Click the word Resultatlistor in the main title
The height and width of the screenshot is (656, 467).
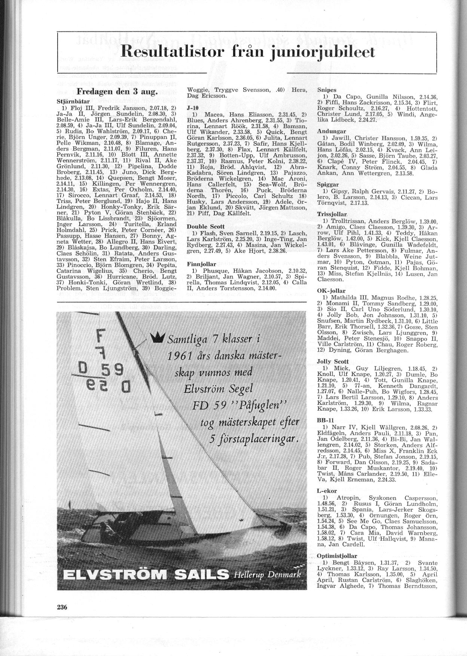(170, 52)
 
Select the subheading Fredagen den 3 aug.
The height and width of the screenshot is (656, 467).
(117, 92)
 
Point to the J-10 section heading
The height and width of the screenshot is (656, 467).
(192, 107)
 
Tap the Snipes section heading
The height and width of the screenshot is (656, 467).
(327, 90)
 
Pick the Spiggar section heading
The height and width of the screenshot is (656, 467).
(328, 185)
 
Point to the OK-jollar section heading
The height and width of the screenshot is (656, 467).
(331, 291)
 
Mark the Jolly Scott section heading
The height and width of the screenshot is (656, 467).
(333, 362)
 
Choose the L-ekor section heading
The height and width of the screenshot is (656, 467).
(327, 491)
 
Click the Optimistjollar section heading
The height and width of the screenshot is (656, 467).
(337, 556)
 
